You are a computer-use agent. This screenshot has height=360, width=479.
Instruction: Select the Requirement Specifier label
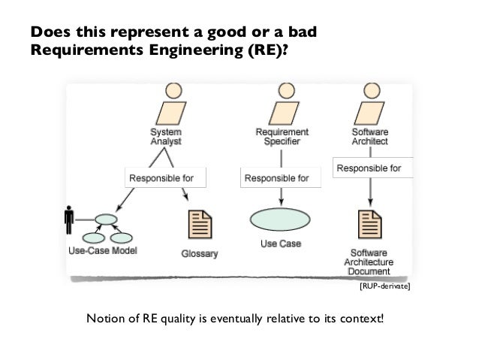(x=282, y=135)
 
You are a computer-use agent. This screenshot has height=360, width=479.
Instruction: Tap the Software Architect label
(x=370, y=135)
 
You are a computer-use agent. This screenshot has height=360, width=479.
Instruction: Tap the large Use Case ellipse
(x=279, y=221)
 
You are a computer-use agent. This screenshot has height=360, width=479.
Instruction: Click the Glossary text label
(x=199, y=254)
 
